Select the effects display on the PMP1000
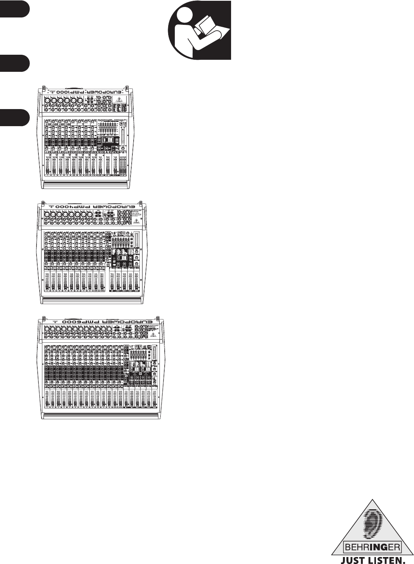(110, 140)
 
